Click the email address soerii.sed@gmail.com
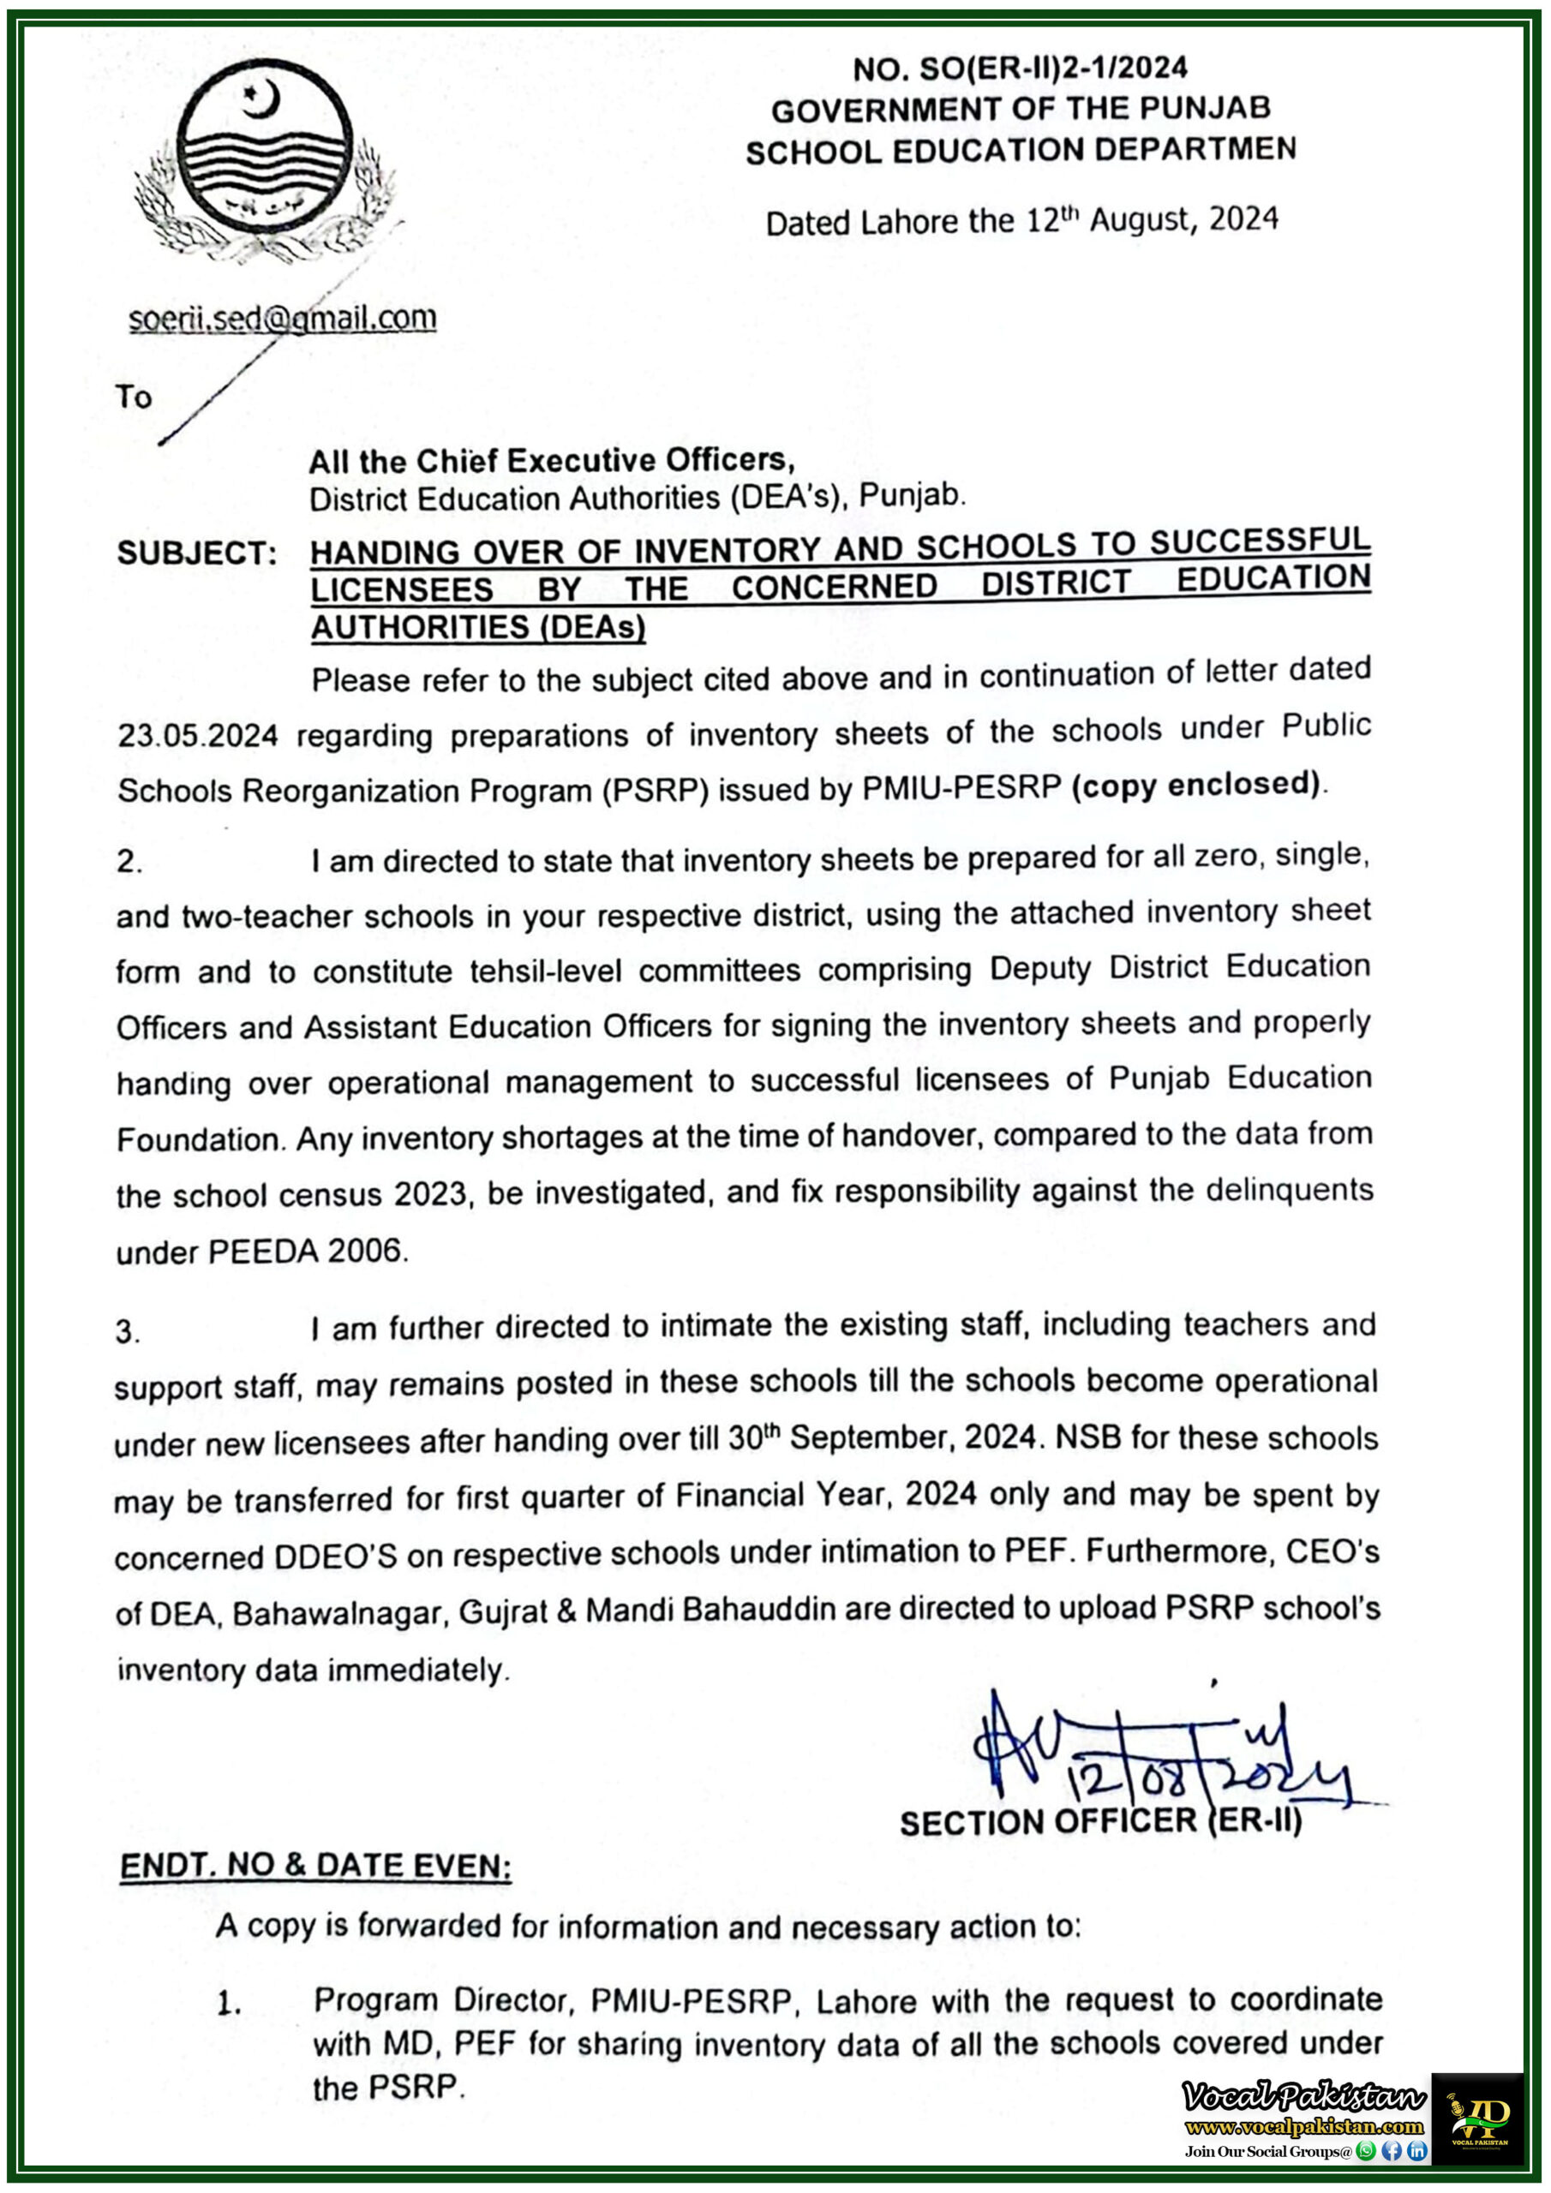click(283, 318)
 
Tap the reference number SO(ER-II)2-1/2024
click(1054, 68)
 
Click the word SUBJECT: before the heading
click(197, 553)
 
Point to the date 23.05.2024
click(198, 736)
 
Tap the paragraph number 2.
click(129, 862)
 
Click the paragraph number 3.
click(128, 1330)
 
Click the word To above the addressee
click(134, 397)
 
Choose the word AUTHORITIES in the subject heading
click(420, 628)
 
